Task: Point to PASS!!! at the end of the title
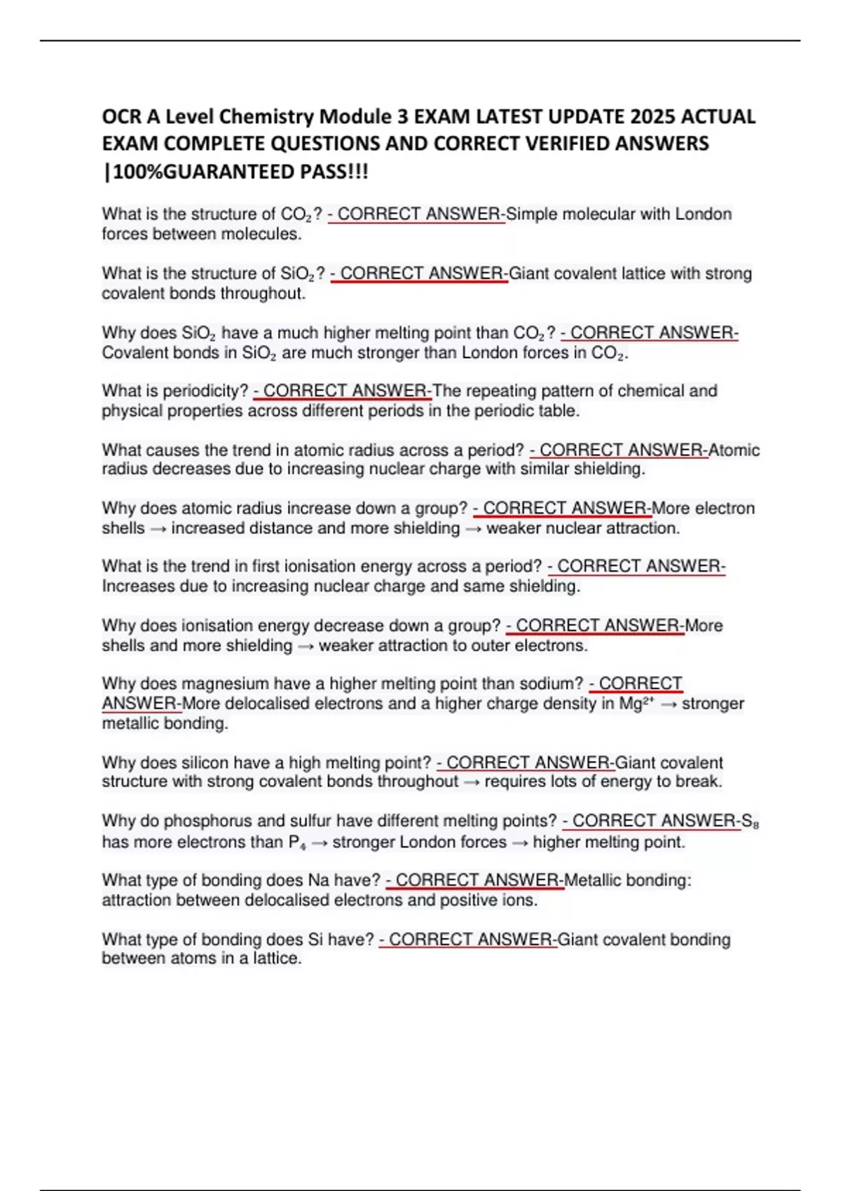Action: (x=334, y=172)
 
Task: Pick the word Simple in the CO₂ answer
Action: (x=531, y=214)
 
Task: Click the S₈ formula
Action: (x=750, y=821)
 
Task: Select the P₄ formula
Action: (x=297, y=842)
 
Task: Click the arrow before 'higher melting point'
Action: (x=519, y=842)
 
